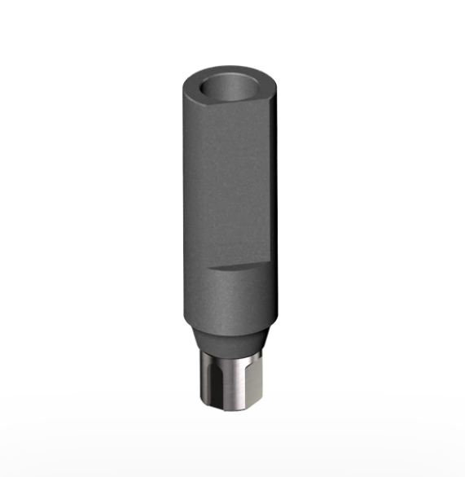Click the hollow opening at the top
tap(229, 85)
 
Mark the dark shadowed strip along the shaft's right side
tap(275, 195)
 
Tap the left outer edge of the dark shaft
tap(185, 203)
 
